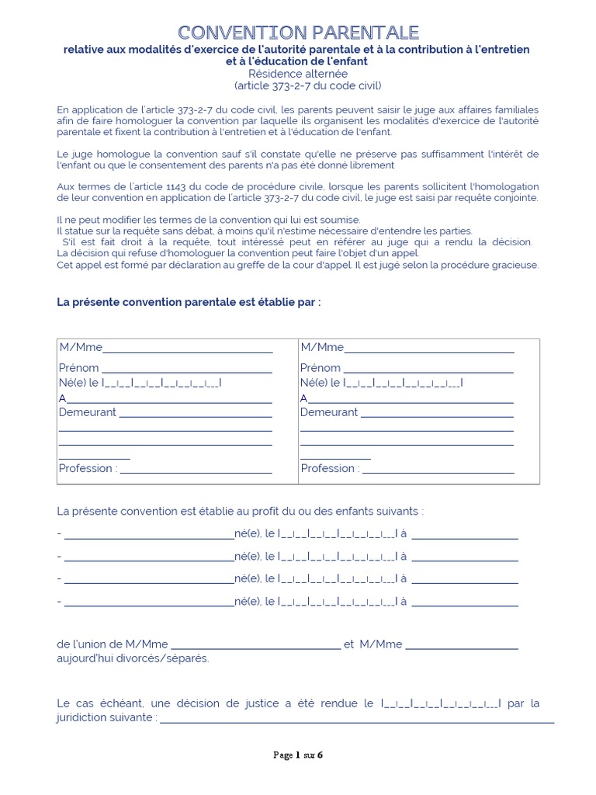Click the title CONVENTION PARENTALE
[298, 32]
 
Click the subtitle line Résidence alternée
[298, 73]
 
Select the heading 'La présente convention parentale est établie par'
[189, 302]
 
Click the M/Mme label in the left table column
[80, 347]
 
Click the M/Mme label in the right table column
[322, 347]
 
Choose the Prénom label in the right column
[320, 368]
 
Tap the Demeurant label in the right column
[329, 412]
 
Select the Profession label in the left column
[88, 468]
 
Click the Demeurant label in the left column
[88, 412]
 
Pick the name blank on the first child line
[149, 536]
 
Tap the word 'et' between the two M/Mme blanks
[348, 644]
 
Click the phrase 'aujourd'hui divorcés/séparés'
[133, 658]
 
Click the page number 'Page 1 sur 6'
[297, 755]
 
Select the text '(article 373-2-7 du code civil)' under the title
[307, 85]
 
